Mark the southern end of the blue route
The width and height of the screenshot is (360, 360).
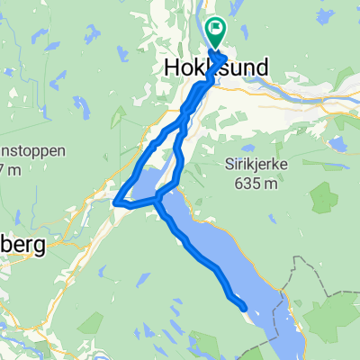(243, 308)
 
